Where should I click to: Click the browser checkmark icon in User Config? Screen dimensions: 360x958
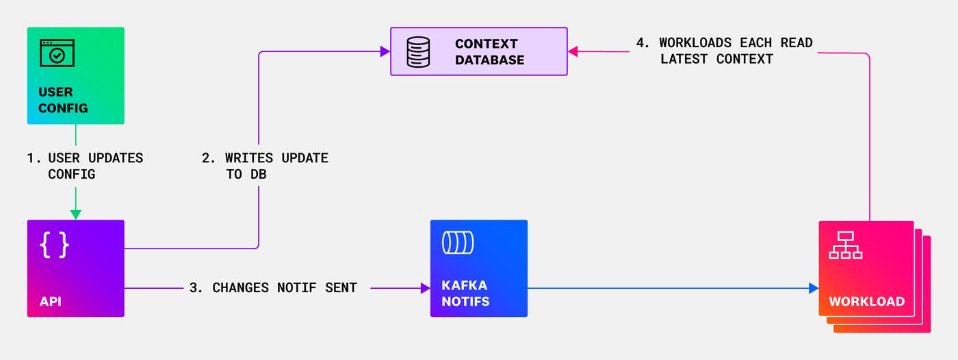[57, 53]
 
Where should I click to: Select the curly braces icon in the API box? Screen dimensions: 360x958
[54, 245]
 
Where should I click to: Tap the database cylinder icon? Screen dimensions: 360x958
[418, 51]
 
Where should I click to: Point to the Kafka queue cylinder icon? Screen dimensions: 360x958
[458, 242]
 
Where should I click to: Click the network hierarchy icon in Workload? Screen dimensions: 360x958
[845, 245]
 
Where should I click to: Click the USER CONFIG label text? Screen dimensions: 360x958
[63, 100]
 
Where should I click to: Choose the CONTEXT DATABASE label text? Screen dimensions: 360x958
[489, 52]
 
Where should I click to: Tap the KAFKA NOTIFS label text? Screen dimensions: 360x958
[465, 293]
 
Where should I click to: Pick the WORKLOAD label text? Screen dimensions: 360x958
[866, 301]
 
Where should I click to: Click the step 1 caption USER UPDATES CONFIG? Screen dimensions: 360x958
[85, 166]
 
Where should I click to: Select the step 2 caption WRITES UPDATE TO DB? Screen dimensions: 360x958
[265, 166]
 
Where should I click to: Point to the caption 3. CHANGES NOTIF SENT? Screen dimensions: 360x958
[273, 288]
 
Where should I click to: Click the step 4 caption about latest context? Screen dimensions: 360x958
[724, 51]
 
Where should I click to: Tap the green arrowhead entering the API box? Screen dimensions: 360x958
[75, 214]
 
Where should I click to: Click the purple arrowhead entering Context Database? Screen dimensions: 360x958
[385, 51]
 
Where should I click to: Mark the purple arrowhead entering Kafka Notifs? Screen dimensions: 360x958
[424, 288]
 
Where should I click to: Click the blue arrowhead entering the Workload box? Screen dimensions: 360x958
[813, 288]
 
